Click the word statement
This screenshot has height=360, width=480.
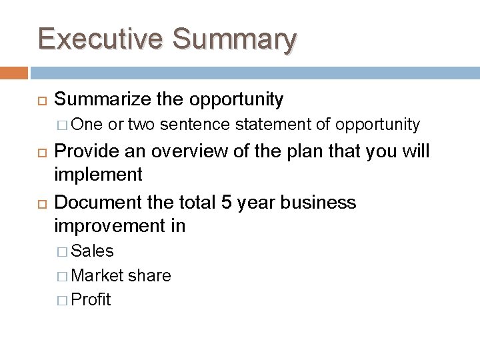[273, 124]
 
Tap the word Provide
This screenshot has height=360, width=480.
[86, 151]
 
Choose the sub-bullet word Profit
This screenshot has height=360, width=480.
[91, 299]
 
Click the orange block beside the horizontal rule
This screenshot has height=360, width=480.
[14, 72]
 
